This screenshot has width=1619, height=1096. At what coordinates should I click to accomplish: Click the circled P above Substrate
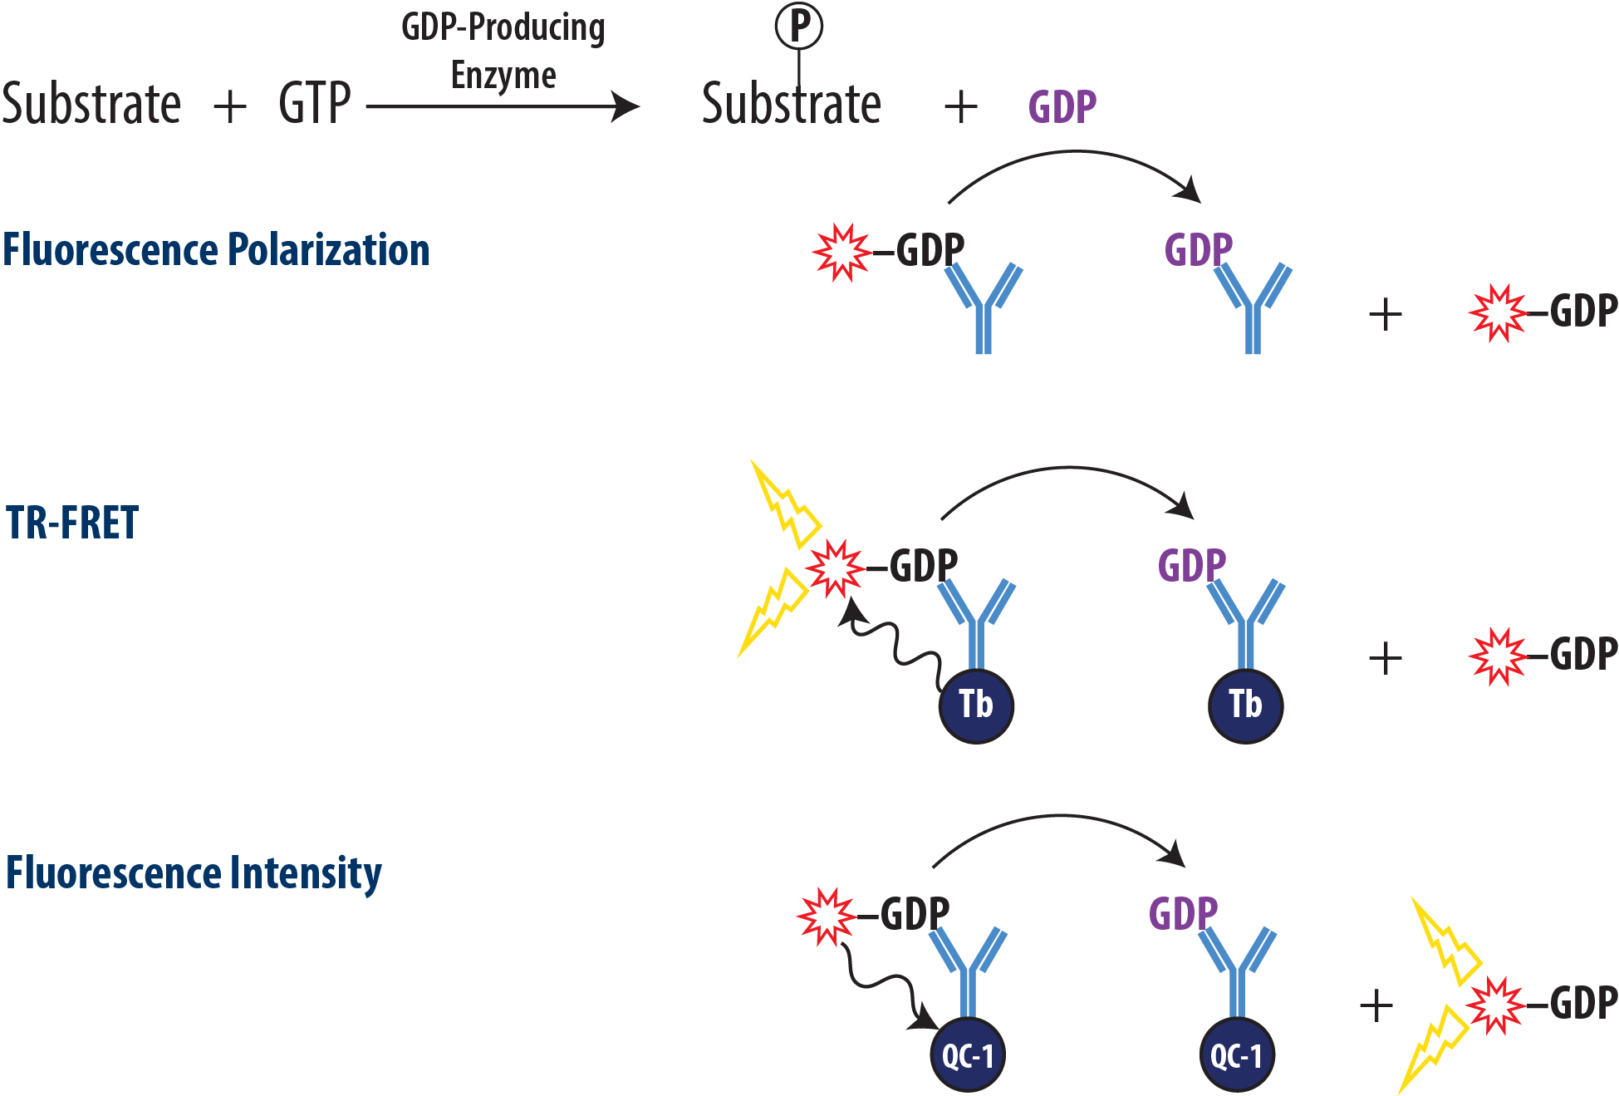tap(798, 26)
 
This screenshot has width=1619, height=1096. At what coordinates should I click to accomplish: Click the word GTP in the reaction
tap(315, 104)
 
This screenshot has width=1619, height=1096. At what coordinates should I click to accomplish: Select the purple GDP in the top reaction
tap(1062, 107)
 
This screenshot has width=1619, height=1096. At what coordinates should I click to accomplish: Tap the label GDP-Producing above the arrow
tap(503, 27)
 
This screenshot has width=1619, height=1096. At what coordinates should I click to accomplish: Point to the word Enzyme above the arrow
tap(503, 76)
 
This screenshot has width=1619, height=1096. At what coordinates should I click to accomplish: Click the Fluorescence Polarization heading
tap(216, 250)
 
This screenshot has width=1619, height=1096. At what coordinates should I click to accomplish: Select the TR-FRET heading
tap(72, 523)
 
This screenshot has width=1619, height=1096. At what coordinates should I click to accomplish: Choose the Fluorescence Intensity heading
tap(194, 873)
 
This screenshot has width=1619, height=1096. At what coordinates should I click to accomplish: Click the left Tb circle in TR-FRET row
tap(976, 705)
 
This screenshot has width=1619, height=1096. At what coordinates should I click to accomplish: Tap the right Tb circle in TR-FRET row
tap(1245, 705)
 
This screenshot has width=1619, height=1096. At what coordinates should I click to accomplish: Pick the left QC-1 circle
tap(968, 1055)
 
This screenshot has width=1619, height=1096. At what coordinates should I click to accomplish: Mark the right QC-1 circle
tap(1237, 1055)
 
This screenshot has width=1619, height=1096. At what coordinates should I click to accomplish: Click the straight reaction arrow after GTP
tap(503, 106)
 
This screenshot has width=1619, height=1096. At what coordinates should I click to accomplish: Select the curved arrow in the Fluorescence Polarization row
tap(1076, 158)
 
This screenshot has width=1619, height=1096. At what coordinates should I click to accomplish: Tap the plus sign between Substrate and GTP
tap(230, 107)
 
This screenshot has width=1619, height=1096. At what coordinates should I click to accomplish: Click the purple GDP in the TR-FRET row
tap(1191, 566)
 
